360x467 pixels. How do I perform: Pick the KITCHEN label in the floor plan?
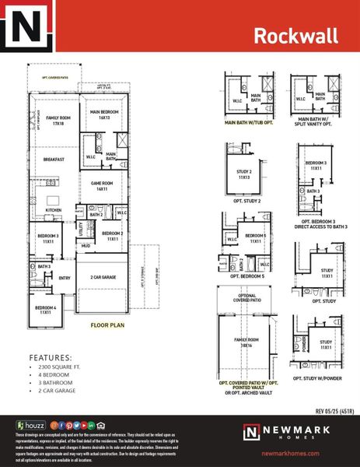click(53, 209)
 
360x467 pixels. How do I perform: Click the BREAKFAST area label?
click(54, 160)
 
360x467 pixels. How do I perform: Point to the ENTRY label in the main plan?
click(64, 278)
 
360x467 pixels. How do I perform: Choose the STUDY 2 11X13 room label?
click(244, 174)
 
